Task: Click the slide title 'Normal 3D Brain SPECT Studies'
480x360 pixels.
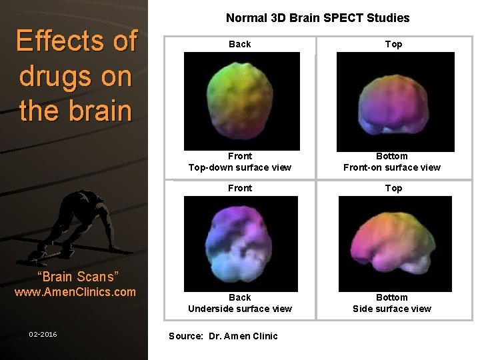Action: [317, 18]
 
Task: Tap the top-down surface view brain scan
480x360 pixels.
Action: [241, 101]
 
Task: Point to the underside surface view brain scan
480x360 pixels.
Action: [241, 244]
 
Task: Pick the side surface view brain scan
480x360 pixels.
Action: [395, 244]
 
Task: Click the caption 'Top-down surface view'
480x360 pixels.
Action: [240, 167]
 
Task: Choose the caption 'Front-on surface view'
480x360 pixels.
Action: [392, 167]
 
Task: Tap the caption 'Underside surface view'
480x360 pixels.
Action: [240, 309]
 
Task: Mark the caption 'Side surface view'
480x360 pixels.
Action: [392, 309]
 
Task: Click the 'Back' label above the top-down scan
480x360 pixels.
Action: [240, 44]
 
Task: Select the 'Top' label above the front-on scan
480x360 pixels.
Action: [394, 44]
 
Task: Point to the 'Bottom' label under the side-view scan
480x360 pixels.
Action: [392, 297]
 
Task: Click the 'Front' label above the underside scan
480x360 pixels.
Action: [240, 188]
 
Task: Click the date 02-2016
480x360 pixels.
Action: [43, 334]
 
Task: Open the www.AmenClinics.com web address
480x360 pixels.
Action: [75, 292]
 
